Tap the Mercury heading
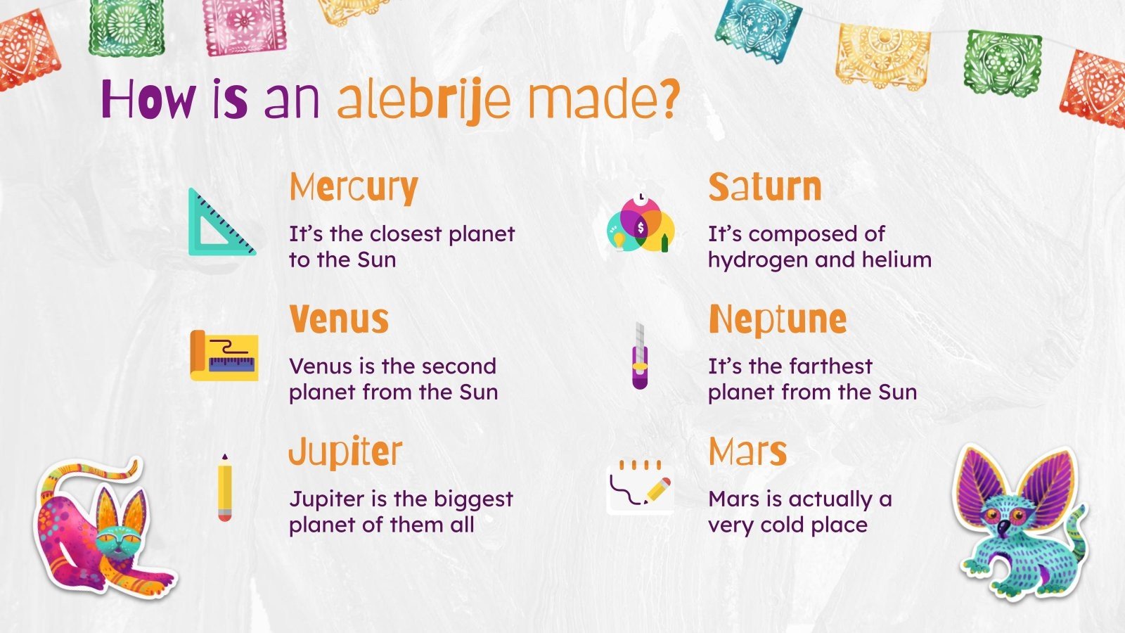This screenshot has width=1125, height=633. point(354,188)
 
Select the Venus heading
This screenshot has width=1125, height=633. point(339,320)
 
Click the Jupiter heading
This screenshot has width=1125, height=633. point(345,452)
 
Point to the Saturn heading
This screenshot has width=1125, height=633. point(765,188)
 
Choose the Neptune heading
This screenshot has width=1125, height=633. point(778,320)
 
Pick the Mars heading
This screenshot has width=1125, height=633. point(747,452)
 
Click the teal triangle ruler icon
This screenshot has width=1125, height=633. point(219,224)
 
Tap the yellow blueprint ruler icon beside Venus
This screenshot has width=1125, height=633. point(224,356)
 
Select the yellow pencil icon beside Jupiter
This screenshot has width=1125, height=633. point(225,488)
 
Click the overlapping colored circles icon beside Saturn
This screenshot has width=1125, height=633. point(641,224)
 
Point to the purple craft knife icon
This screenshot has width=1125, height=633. point(640,356)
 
